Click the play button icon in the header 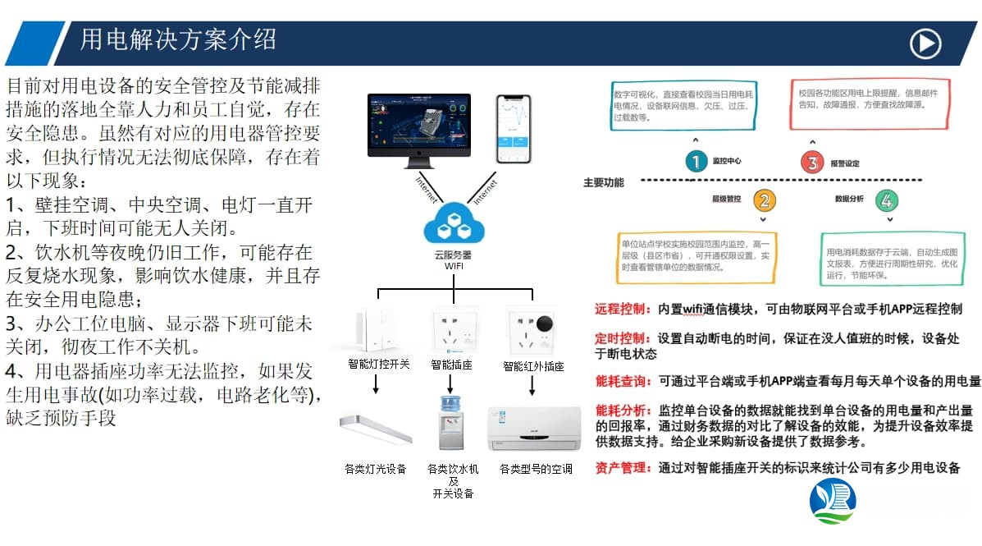click(925, 44)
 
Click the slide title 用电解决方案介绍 click(178, 39)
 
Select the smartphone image click(514, 129)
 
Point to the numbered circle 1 click(696, 162)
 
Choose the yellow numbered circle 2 click(763, 200)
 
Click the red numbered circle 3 click(812, 163)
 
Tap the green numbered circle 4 click(885, 200)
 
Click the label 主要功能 click(604, 182)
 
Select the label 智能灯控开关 click(378, 365)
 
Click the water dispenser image click(450, 421)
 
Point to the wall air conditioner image click(534, 428)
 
